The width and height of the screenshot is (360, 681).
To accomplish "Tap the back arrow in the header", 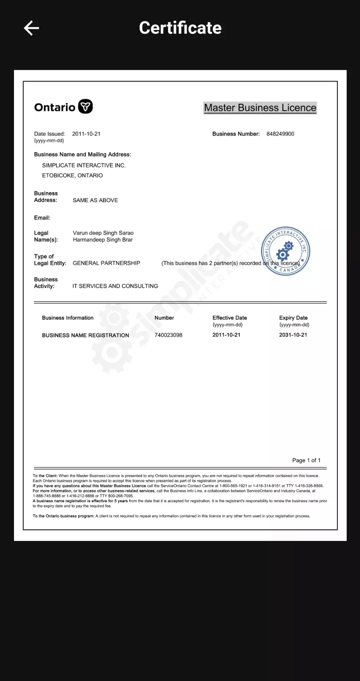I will (x=31, y=28).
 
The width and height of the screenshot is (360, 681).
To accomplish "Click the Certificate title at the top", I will (x=180, y=28).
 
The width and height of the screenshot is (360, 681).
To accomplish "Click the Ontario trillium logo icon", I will (x=85, y=107).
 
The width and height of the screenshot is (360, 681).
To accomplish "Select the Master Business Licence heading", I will (x=260, y=108).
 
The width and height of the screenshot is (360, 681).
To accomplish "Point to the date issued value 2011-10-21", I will (x=86, y=134).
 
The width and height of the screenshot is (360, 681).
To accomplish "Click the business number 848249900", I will (x=280, y=134).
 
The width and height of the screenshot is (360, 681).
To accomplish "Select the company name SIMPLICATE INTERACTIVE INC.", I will (x=84, y=165).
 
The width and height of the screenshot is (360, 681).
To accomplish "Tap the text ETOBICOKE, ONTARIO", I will (x=72, y=175).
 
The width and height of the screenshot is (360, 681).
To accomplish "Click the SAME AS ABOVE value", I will (x=95, y=200).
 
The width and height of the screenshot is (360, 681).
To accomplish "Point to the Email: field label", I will (x=42, y=218).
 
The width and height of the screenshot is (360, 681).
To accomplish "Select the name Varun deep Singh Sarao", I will (x=103, y=233).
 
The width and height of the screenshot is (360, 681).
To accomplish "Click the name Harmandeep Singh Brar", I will (x=103, y=240).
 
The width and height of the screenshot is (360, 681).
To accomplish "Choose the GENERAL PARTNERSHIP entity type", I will (x=106, y=263).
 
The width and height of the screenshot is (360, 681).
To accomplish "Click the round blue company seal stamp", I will (x=285, y=251).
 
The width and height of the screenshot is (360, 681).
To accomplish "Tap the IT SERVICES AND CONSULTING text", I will (x=115, y=286).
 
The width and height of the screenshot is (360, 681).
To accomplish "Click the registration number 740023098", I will (x=168, y=335).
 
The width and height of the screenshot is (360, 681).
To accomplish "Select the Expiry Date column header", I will (x=293, y=318).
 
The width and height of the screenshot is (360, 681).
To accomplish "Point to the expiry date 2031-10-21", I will (x=293, y=335).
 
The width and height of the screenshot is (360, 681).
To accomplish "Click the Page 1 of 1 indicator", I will (x=306, y=460).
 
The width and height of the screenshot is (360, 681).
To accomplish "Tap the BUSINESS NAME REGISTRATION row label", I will (x=86, y=335).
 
